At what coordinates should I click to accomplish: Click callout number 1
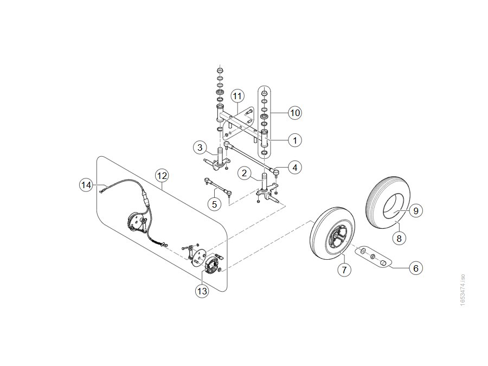click(295, 140)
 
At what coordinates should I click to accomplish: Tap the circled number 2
click(245, 174)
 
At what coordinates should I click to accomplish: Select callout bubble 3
click(200, 147)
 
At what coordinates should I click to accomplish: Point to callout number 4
click(295, 168)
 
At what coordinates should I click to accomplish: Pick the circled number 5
click(214, 204)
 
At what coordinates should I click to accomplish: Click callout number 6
click(416, 268)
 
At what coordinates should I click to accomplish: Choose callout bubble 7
click(344, 269)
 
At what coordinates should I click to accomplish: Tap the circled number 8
click(399, 239)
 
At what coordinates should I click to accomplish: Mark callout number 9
click(416, 211)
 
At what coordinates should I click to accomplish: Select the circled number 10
click(295, 113)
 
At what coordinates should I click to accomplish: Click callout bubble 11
click(237, 96)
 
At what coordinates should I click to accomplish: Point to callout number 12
click(162, 176)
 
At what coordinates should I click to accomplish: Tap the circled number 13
click(202, 291)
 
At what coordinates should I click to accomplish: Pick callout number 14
click(86, 185)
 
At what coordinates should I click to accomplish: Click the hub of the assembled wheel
click(337, 237)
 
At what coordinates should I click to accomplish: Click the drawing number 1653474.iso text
click(463, 290)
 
